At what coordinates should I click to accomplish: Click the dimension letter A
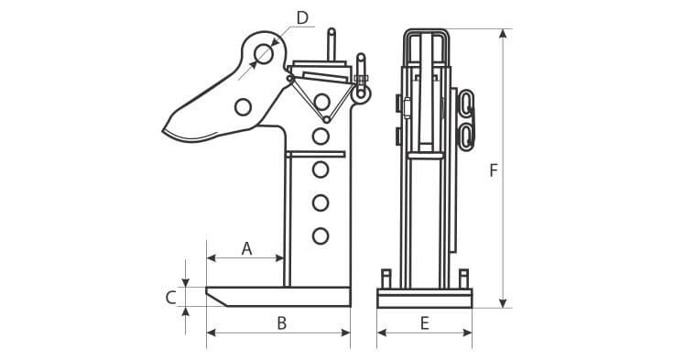[x=246, y=248]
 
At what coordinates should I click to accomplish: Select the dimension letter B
[x=281, y=323]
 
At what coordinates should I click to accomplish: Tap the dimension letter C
[x=171, y=298]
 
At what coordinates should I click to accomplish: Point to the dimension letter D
[x=302, y=18]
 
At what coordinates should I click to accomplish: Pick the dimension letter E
[x=425, y=323]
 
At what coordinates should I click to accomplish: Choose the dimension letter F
[x=494, y=170]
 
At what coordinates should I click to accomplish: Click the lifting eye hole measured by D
[x=264, y=54]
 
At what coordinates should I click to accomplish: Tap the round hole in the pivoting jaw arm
[x=243, y=106]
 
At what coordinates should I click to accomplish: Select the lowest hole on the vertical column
[x=321, y=236]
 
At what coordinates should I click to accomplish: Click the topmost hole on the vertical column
[x=321, y=102]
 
